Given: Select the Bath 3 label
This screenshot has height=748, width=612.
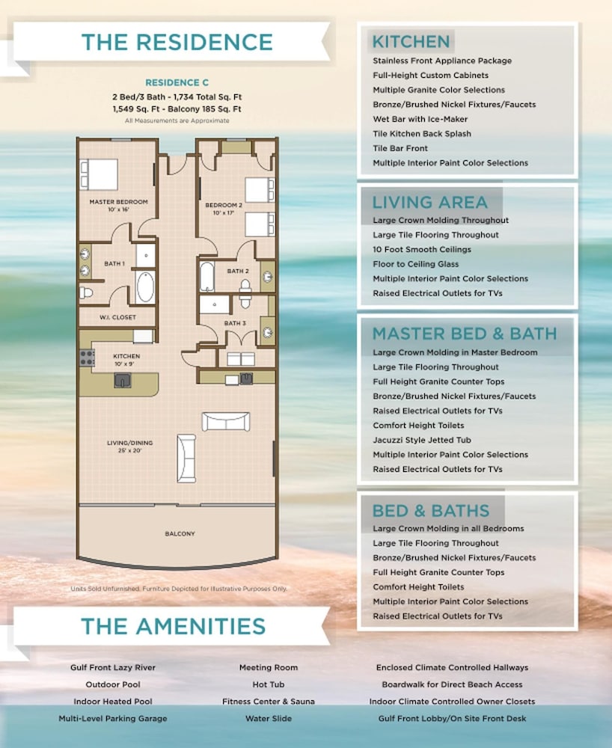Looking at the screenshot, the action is tap(235, 323).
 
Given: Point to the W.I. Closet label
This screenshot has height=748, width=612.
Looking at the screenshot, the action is tap(117, 317).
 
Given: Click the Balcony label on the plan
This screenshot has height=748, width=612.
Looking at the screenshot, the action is tap(180, 534).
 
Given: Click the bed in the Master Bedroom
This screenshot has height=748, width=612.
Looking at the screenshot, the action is tap(100, 174).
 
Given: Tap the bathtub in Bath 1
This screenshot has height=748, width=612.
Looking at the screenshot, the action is tap(145, 287).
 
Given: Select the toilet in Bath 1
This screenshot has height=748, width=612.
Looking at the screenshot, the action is tap(86, 292).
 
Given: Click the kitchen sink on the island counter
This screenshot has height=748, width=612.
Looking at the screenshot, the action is tap(123, 380).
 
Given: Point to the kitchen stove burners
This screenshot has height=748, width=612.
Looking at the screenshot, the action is tap(87, 358).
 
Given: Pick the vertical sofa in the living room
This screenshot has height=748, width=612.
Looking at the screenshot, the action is tap(186, 458).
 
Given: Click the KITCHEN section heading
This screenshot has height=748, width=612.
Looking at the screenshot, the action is tap(411, 41).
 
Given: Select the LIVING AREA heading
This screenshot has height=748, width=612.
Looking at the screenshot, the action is tap(429, 202).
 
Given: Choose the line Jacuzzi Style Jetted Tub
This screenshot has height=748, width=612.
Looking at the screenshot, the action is tap(422, 440).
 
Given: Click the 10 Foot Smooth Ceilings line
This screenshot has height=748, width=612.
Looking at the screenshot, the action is tap(422, 250).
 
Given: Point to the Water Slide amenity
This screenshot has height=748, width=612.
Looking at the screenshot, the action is tap(269, 718).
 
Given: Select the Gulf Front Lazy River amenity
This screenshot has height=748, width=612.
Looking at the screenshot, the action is tap(113, 667).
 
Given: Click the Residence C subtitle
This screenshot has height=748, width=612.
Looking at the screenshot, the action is tap(177, 82).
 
